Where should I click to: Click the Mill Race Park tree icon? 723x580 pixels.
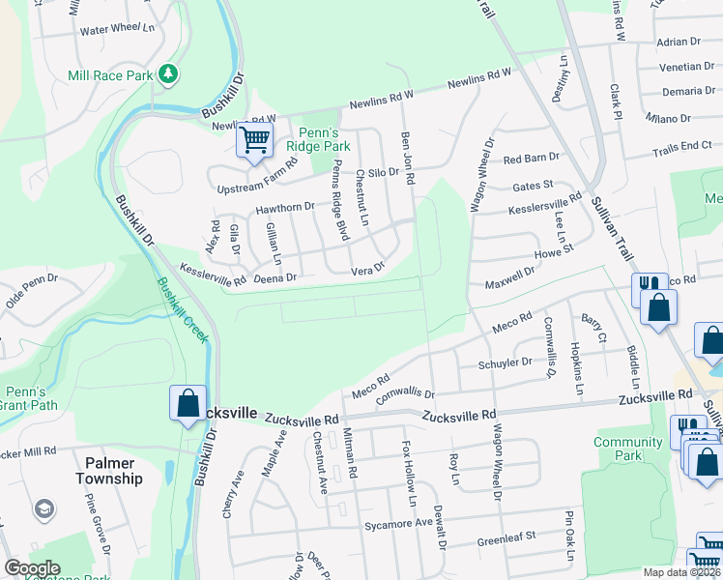point(168,73)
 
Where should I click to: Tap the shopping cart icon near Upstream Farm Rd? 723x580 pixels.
point(255,140)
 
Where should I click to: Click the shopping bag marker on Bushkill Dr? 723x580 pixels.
point(188,405)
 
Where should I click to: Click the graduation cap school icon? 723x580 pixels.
point(43,508)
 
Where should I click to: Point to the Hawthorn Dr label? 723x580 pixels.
point(285,206)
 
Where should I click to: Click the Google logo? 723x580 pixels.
point(32,568)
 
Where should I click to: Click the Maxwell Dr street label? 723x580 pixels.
point(509,277)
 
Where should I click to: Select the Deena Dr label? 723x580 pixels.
point(274,277)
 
